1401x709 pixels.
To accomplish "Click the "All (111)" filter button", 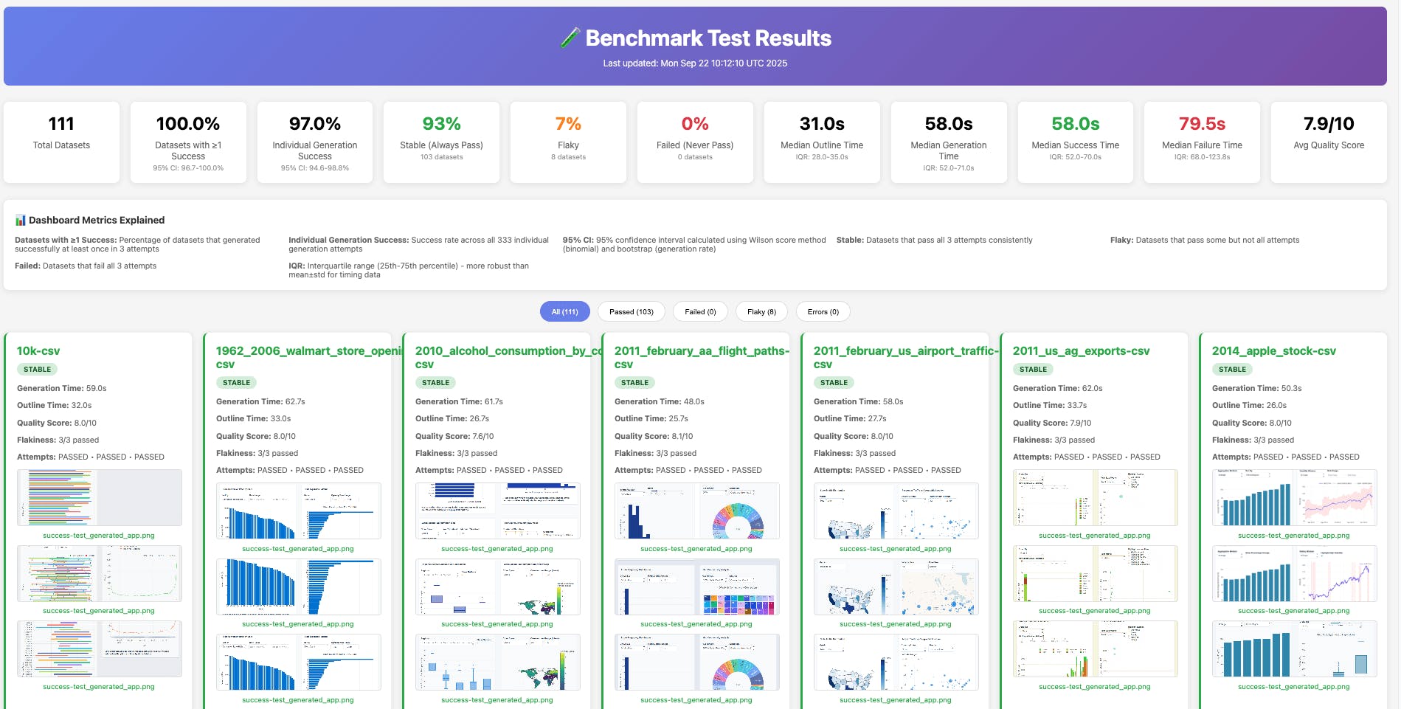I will pyautogui.click(x=564, y=312).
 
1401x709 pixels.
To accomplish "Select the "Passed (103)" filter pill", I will pyautogui.click(x=631, y=312).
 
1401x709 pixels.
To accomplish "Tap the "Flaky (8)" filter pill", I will pyautogui.click(x=761, y=312).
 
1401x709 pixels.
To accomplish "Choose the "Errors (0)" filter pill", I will pyautogui.click(x=823, y=312).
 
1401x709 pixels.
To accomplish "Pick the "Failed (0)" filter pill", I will pyautogui.click(x=700, y=312).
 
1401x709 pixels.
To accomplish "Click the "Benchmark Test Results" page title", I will pyautogui.click(x=708, y=38).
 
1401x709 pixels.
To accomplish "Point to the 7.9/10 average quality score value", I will pyautogui.click(x=1328, y=124).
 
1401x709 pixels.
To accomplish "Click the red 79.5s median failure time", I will pyautogui.click(x=1201, y=124).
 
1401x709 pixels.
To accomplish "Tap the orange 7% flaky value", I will pyautogui.click(x=568, y=124).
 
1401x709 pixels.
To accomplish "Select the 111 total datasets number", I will pyautogui.click(x=61, y=124).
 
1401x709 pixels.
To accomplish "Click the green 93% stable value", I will pyautogui.click(x=441, y=124).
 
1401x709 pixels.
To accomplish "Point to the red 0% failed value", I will pyautogui.click(x=694, y=124).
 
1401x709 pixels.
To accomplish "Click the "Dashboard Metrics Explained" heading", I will pyautogui.click(x=96, y=220).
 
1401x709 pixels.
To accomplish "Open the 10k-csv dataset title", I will pyautogui.click(x=38, y=351).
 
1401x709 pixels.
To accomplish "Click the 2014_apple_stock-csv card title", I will pyautogui.click(x=1273, y=351).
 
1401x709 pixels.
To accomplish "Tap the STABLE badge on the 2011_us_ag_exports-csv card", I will pyautogui.click(x=1033, y=370).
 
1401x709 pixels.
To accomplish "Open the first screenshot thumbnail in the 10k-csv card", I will pyautogui.click(x=99, y=497).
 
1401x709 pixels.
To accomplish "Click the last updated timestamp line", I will pyautogui.click(x=695, y=63).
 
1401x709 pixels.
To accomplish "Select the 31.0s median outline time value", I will pyautogui.click(x=821, y=124).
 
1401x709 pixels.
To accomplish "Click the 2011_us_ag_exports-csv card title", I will pyautogui.click(x=1081, y=351).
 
